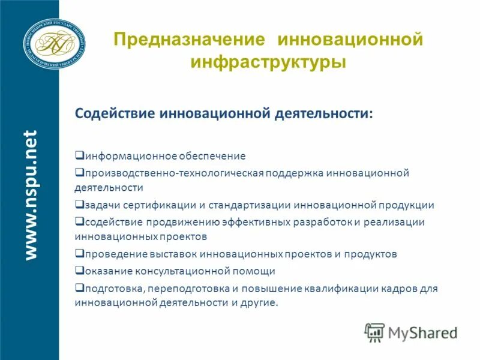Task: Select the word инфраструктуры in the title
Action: coord(268,62)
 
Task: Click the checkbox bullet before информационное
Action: coord(79,155)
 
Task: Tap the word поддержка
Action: coord(295,173)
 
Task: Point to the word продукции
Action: coord(406,205)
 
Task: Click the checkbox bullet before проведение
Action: coord(79,253)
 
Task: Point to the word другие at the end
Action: coord(259,303)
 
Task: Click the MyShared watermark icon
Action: coord(375,332)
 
